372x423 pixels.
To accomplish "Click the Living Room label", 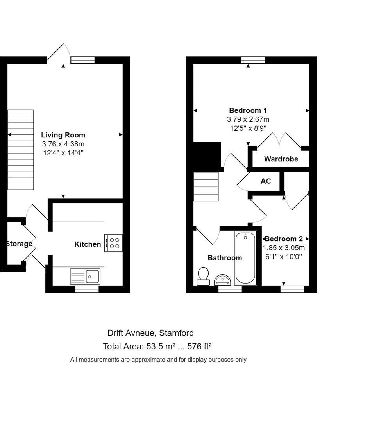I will coord(63,135).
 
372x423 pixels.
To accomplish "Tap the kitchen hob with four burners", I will coord(114,243).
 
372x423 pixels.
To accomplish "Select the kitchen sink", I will coord(85,276).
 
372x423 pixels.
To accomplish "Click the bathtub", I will coord(245,258).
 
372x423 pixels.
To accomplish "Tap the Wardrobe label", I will coord(281,159).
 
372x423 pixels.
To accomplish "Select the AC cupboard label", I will coord(266,181).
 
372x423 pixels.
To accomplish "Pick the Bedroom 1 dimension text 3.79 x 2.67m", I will coord(248,119).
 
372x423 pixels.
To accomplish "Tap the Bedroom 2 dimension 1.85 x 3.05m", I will coord(284,248).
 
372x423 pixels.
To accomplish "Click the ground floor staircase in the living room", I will coord(21,150).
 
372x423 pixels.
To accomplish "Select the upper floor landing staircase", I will coord(206,186).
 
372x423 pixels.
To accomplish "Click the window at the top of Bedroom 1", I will coord(253,60).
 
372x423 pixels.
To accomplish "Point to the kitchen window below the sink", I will coord(87,289).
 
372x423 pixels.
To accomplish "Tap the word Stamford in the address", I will coord(177,333).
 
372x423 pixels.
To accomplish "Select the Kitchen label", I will coord(88,244).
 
